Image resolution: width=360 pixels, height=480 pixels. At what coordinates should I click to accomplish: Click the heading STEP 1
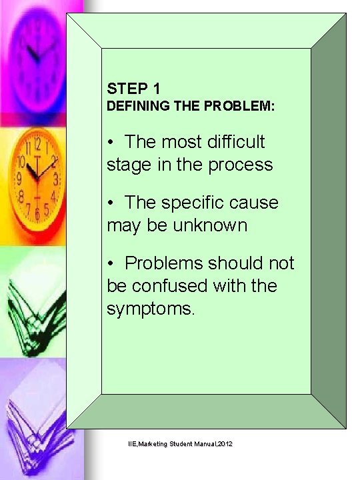pyautogui.click(x=133, y=87)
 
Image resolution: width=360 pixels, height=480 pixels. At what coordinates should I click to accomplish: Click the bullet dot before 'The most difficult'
pyautogui.click(x=111, y=143)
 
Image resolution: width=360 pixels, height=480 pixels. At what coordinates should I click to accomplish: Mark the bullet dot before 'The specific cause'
pyautogui.click(x=111, y=203)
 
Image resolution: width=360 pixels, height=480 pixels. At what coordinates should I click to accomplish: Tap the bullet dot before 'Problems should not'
pyautogui.click(x=111, y=264)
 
